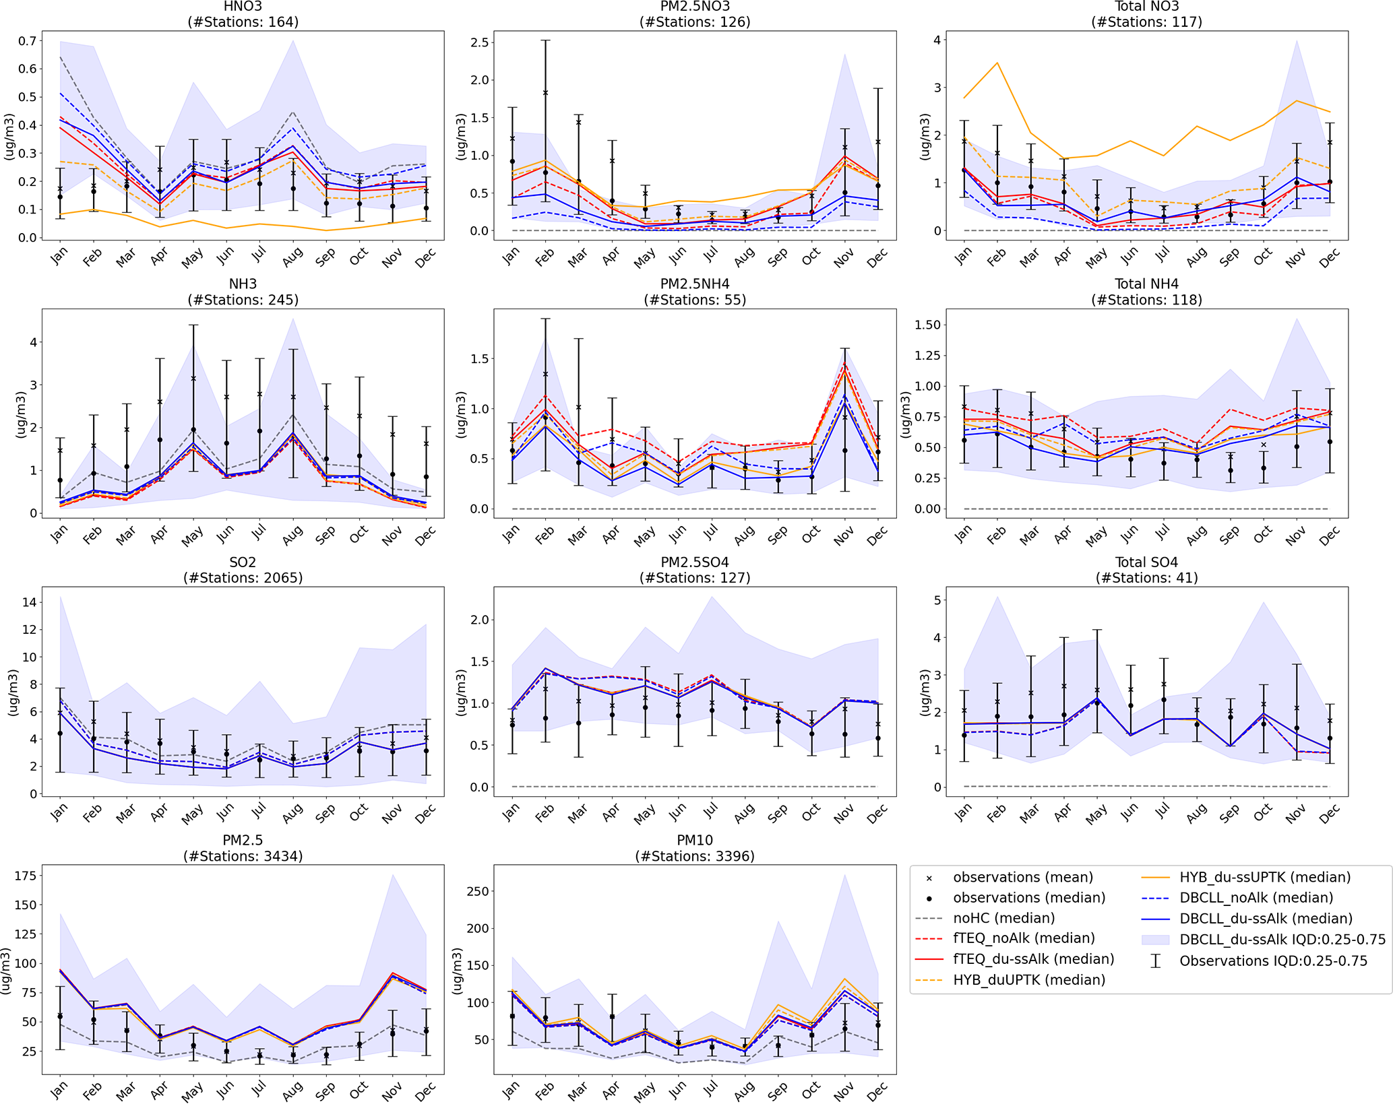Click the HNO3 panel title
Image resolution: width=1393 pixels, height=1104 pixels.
243,7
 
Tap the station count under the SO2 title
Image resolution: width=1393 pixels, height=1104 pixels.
243,578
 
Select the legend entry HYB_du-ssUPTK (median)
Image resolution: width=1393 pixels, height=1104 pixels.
1264,877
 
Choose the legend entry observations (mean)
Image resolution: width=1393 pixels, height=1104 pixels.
1022,877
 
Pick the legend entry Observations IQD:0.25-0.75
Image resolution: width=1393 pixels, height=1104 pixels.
1273,961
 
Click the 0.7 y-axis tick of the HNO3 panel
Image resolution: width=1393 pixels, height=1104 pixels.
27,41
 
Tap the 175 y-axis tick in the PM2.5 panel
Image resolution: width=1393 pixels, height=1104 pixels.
24,876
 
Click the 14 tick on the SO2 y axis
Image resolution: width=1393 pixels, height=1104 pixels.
29,602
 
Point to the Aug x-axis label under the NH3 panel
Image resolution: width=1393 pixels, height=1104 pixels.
292,536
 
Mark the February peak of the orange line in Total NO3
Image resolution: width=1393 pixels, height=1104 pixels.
997,63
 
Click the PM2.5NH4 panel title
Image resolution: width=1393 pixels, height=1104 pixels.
695,284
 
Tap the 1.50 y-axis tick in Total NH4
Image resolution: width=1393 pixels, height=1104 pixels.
927,325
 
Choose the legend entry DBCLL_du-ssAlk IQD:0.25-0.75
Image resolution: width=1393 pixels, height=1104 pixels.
1282,940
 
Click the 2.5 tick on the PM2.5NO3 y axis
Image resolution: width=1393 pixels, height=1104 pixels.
480,42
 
